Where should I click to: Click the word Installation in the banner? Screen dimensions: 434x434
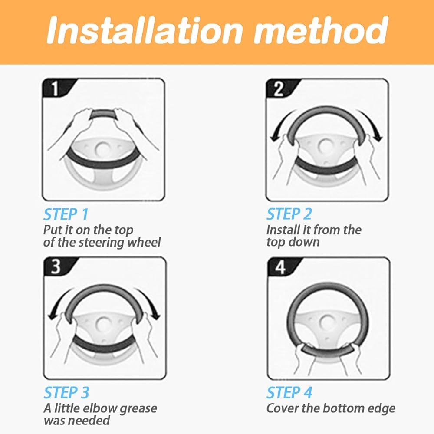tap(144, 30)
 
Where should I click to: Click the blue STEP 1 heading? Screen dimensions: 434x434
tap(66, 214)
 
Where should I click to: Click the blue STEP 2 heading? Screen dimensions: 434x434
tap(289, 214)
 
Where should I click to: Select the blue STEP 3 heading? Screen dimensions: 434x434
tap(66, 392)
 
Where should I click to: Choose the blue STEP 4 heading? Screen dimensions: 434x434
tap(289, 392)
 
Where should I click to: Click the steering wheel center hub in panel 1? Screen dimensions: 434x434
tap(103, 149)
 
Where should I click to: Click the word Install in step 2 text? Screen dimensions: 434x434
tap(279, 230)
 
